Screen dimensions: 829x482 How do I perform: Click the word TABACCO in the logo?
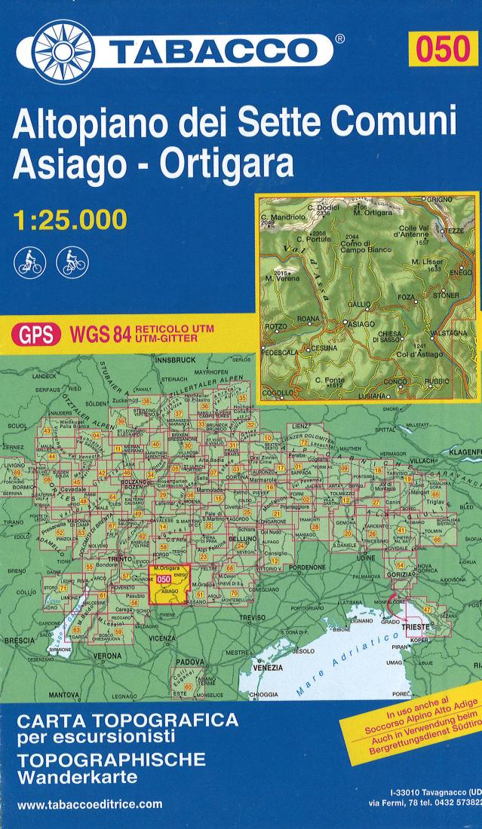[x=215, y=51]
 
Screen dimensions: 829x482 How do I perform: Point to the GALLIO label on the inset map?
[x=359, y=302]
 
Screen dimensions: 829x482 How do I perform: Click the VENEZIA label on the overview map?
[x=269, y=668]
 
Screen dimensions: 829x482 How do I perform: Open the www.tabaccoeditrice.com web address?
[x=89, y=803]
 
